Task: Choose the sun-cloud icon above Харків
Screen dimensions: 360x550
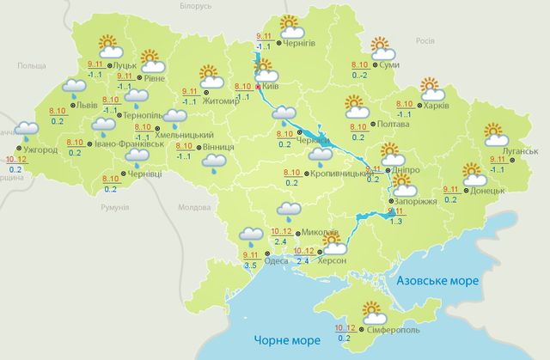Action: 430,88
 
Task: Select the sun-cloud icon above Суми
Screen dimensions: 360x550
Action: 382,46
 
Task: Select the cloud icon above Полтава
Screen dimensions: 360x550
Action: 357,107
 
